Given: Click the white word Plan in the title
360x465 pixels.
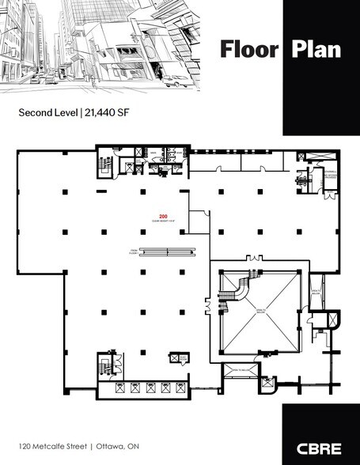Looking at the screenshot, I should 316,49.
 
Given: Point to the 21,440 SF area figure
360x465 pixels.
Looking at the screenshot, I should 108,113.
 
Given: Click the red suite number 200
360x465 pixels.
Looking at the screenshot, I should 164,215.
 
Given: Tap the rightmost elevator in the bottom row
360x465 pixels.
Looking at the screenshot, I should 180,387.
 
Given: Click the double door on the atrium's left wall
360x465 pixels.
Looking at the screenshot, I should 207,304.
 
